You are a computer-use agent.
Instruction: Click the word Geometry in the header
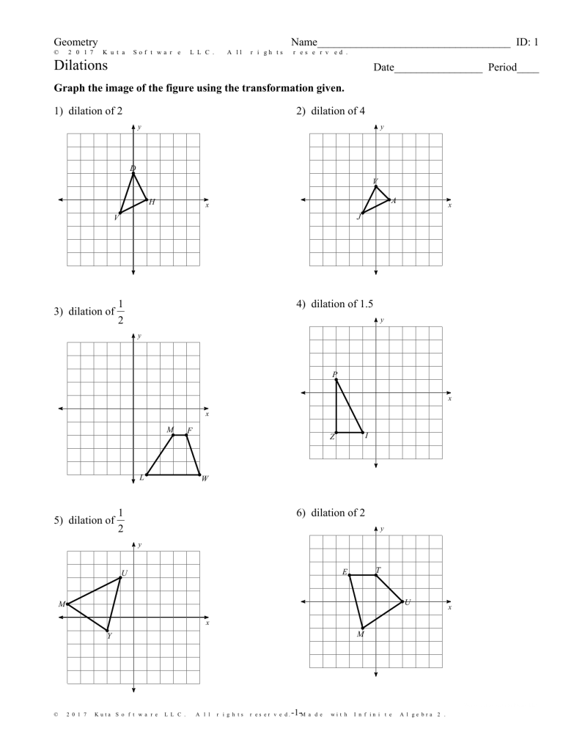tap(76, 43)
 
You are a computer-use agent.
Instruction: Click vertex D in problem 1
tap(133, 173)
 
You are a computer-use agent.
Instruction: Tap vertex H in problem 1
tap(147, 199)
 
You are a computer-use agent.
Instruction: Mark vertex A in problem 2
tap(389, 199)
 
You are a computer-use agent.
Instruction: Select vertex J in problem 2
tap(362, 213)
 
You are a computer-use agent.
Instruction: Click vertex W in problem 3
tap(199, 475)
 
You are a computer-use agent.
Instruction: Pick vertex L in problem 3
tap(147, 475)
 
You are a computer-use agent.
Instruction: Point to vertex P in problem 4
tap(336, 379)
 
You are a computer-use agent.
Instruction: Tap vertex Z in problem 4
tap(336, 433)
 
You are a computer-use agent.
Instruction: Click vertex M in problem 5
tap(67, 604)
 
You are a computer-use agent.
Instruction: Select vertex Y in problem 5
tap(107, 631)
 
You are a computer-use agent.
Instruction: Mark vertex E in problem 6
tap(349, 575)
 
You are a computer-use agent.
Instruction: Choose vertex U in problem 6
tap(402, 602)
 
